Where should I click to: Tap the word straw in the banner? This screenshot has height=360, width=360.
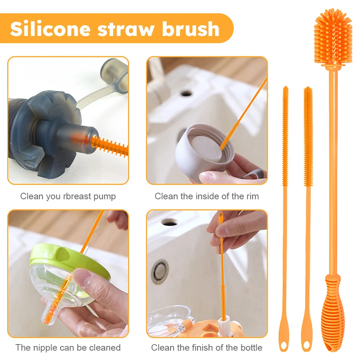tap(126, 30)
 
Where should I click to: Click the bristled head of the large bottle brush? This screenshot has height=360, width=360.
tap(333, 38)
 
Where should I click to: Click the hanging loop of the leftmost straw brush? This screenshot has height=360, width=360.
tap(284, 345)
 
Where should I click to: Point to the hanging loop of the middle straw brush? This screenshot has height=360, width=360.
tap(306, 345)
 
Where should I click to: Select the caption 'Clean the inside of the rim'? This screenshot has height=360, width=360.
tap(207, 196)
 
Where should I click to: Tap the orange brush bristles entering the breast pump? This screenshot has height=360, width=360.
tap(109, 145)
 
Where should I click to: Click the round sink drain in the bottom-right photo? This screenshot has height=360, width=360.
tap(160, 271)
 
